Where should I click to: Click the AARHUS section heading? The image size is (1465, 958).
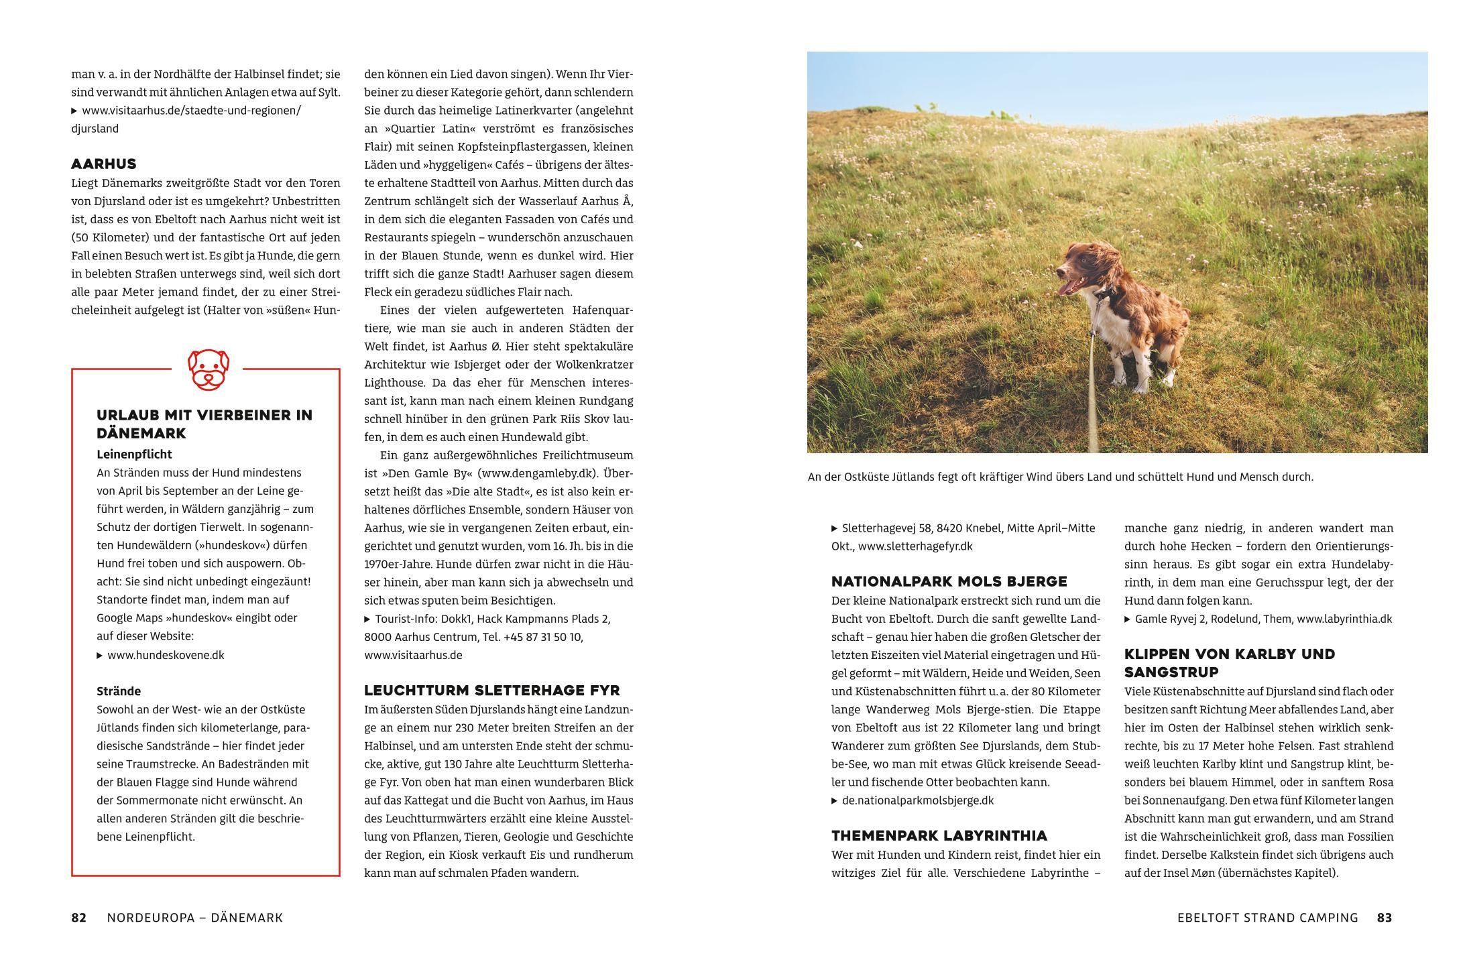point(104,164)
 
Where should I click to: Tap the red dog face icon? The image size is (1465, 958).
point(208,369)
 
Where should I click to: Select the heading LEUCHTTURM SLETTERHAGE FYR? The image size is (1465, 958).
point(491,691)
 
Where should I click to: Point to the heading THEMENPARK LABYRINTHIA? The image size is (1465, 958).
point(939,836)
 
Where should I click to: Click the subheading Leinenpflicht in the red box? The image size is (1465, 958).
point(134,455)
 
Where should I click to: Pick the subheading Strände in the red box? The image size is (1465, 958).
point(119,691)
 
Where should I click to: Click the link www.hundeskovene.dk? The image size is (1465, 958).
point(166,656)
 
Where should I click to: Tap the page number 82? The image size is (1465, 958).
point(78,918)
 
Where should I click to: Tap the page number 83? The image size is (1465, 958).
point(1384,918)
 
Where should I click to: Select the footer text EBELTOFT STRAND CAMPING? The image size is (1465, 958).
point(1267,918)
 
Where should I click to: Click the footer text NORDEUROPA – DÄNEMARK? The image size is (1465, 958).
point(194,918)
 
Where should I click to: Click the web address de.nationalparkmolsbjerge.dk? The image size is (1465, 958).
point(917,800)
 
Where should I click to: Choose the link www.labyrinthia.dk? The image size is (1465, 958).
point(1344,619)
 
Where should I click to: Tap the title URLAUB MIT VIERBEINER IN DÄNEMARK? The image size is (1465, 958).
point(204,424)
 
